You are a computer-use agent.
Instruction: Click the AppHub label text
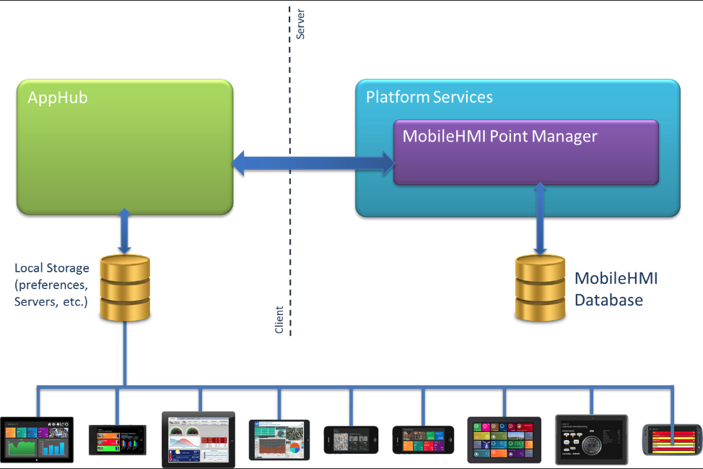[x=58, y=98]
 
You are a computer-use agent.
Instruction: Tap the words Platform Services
[x=429, y=97]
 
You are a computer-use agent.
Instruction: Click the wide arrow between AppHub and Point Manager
[x=313, y=163]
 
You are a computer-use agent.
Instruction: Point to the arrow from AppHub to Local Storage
[x=125, y=231]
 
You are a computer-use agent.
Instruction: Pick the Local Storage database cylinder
[x=125, y=288]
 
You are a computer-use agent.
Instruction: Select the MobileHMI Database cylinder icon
[x=540, y=288]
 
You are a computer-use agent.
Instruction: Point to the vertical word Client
[x=279, y=320]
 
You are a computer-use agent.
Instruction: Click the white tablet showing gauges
[x=198, y=439]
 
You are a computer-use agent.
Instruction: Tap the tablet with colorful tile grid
[x=504, y=439]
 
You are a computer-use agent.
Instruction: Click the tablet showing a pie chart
[x=279, y=439]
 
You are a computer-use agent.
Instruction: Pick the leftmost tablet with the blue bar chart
[x=37, y=439]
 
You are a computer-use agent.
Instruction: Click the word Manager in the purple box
[x=560, y=136]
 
